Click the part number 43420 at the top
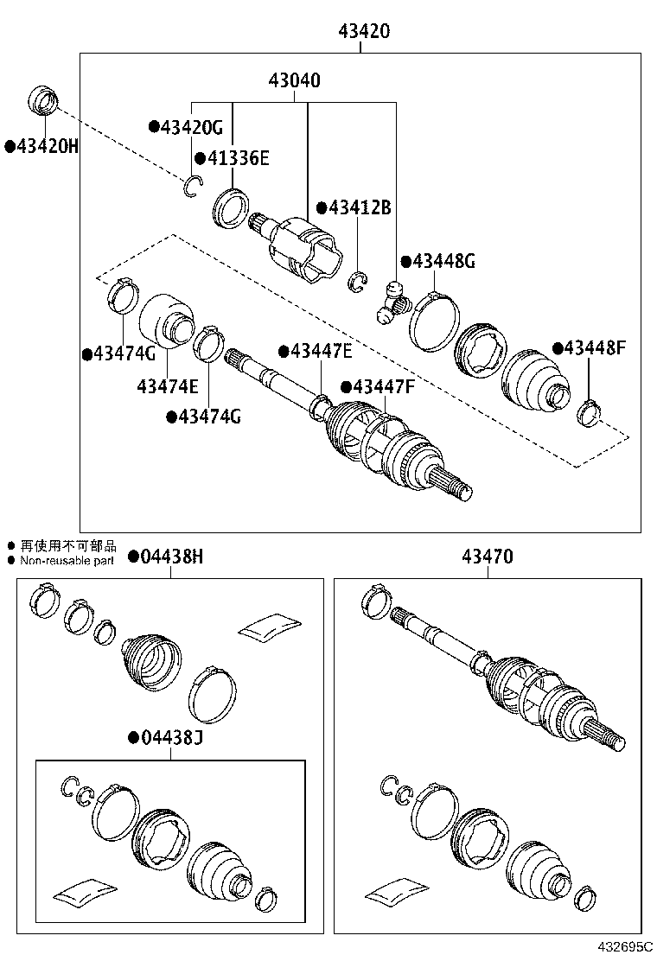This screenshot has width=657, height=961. pos(363,32)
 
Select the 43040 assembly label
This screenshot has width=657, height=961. pos(294,81)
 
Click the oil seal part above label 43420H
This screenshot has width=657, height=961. pos(44,99)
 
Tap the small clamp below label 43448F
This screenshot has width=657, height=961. pos(590,413)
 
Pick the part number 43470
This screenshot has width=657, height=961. pos(487,557)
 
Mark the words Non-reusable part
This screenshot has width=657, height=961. pos(67,561)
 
